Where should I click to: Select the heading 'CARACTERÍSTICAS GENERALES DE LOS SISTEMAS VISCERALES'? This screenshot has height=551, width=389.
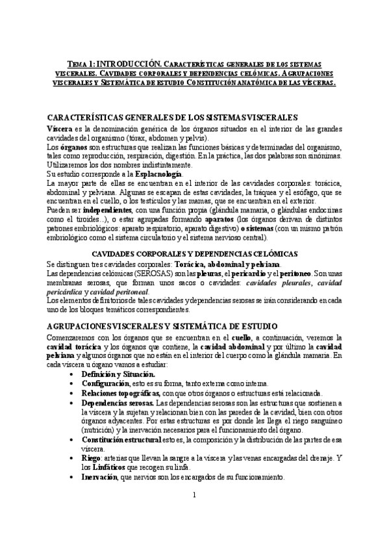point(173,117)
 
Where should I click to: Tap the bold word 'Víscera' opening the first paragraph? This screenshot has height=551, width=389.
point(59,129)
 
